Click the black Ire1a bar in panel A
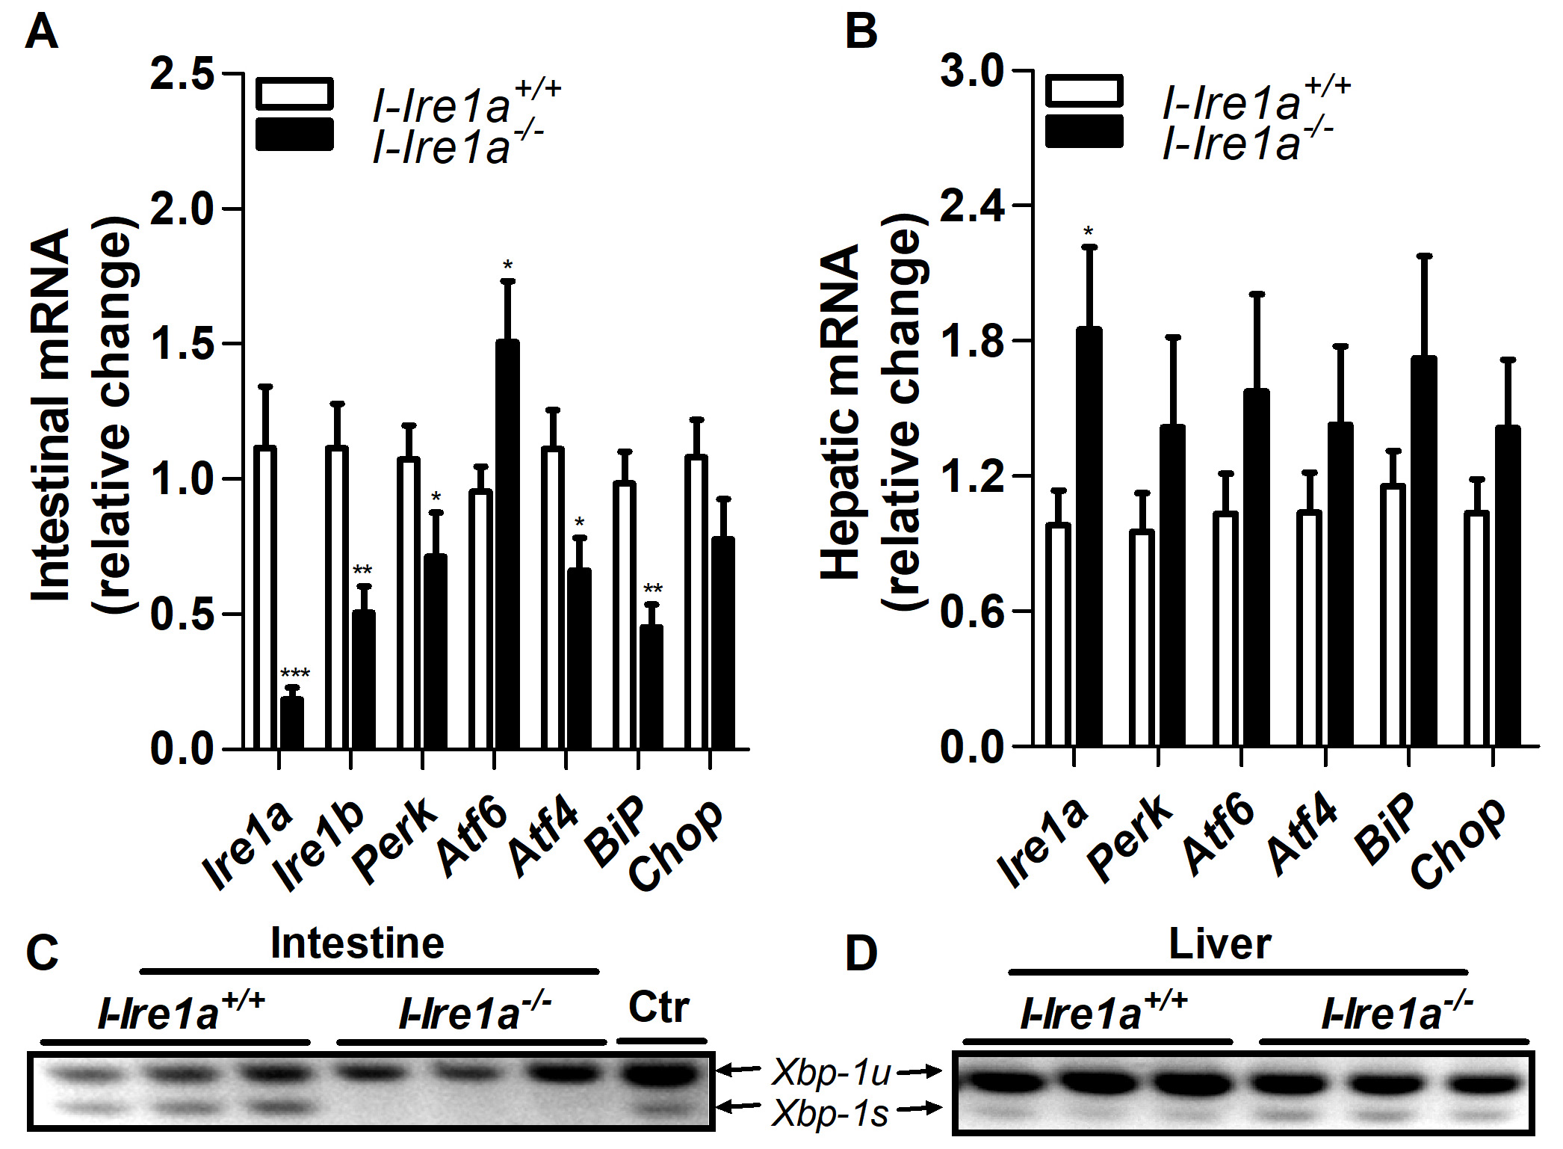click(291, 723)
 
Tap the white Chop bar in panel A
click(696, 602)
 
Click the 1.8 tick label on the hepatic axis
click(972, 340)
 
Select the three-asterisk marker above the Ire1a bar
click(294, 674)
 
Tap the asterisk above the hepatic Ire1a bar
click(1089, 232)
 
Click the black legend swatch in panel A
click(294, 135)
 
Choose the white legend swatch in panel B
click(1084, 90)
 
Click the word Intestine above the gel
click(357, 943)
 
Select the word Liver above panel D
click(1219, 944)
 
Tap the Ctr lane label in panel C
click(658, 1008)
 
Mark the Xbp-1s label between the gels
click(830, 1113)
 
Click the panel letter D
click(861, 955)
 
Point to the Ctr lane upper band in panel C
click(660, 1075)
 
